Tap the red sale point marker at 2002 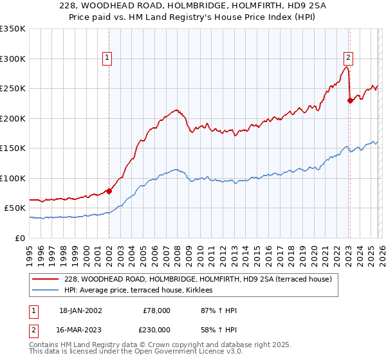[109, 191]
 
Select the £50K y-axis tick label [15, 208]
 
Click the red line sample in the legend [46, 279]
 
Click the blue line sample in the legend [46, 291]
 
